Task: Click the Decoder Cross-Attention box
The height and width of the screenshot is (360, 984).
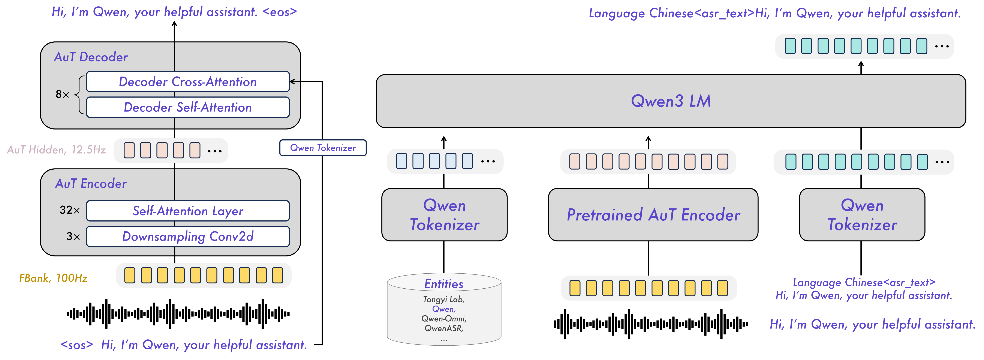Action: coord(187,82)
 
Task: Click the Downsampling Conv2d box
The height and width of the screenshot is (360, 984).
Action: coord(187,236)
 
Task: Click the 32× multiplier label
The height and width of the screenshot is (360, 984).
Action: coord(70,210)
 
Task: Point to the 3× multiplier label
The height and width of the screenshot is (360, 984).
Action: coord(73,236)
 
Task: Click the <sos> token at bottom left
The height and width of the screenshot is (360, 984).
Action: coord(77,345)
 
